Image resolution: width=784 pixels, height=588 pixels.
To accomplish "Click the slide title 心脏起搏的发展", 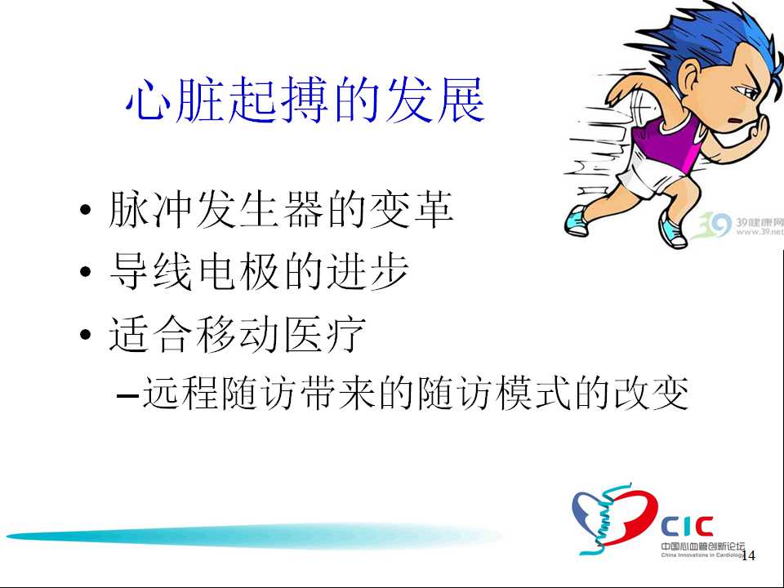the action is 305,100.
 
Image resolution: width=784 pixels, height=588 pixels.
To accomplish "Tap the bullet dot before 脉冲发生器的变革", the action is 86,209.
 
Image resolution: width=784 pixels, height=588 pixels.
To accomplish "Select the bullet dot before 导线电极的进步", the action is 86,271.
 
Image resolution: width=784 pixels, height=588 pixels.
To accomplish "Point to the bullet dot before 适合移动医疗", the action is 86,334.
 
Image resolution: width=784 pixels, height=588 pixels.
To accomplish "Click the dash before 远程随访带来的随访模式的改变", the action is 127,395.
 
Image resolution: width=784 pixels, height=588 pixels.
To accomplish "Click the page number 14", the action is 748,555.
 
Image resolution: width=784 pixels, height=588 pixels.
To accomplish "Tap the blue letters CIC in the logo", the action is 686,527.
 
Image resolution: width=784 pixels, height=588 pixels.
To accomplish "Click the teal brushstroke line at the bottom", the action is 254,536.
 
